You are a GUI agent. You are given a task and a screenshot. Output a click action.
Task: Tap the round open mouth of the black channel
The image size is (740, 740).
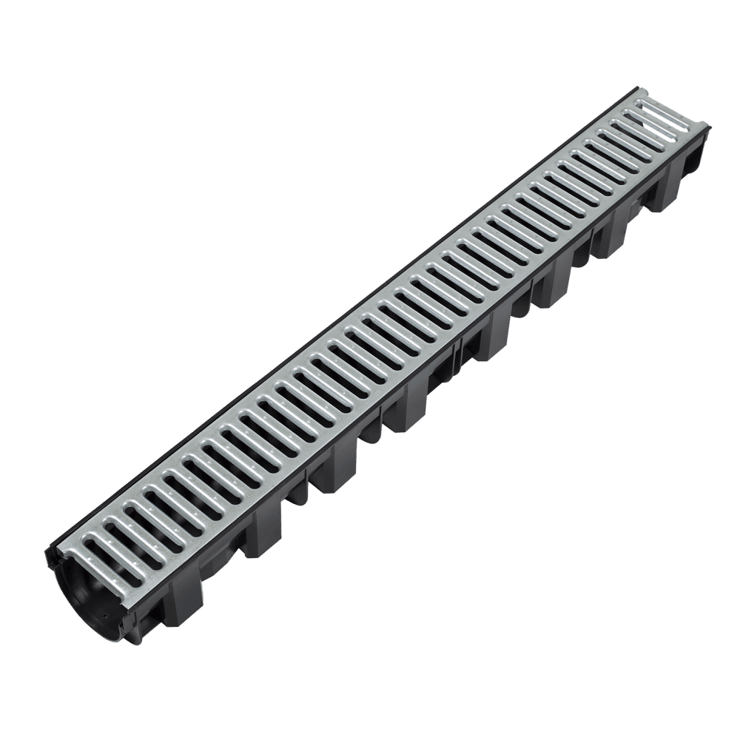(96, 593)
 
